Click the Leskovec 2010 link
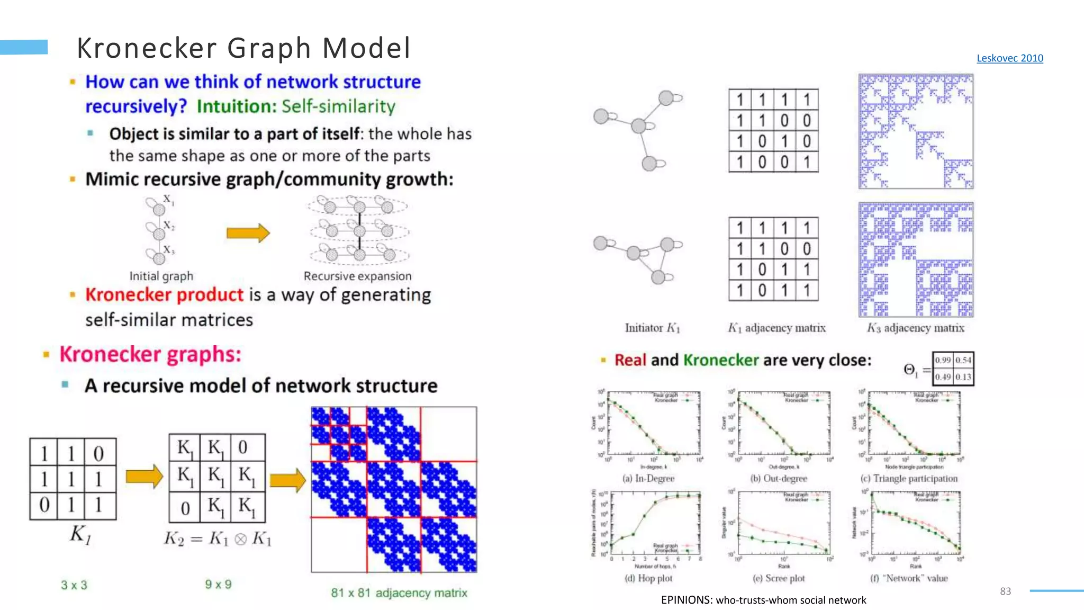[1009, 58]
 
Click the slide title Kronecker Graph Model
[243, 48]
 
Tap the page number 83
[1005, 591]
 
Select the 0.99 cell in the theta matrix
[943, 361]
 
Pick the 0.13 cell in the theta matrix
[963, 377]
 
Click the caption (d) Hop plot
[648, 578]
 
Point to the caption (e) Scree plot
[779, 578]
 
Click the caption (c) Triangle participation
[909, 479]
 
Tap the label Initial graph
[161, 276]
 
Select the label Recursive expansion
[357, 276]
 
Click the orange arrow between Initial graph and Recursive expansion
[248, 233]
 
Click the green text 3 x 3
[74, 585]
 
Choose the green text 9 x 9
[218, 585]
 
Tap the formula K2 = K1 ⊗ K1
[218, 539]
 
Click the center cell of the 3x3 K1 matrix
[71, 479]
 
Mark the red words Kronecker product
[164, 295]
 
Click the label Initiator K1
[652, 328]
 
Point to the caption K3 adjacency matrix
[915, 328]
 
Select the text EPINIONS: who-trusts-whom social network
[763, 600]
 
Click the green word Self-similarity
[338, 106]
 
